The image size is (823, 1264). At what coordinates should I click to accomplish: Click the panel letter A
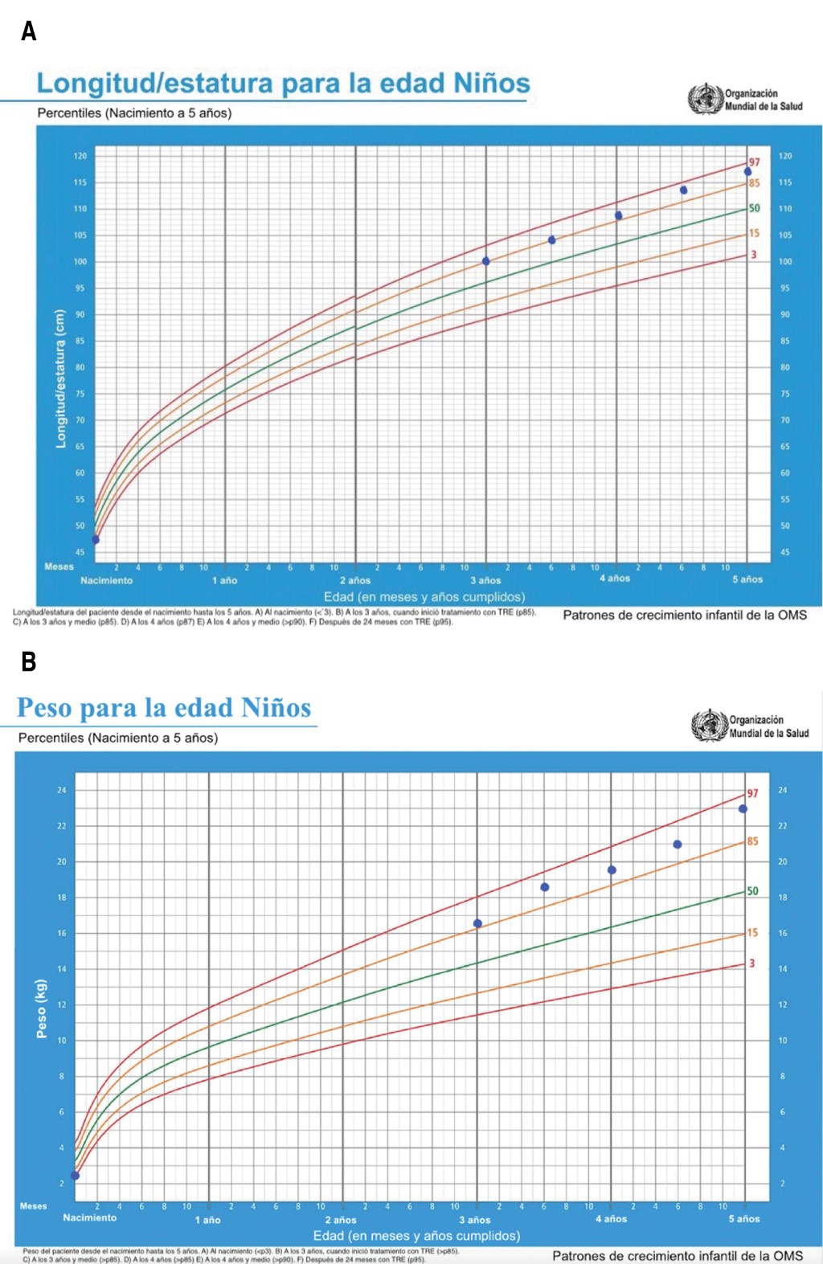tap(29, 31)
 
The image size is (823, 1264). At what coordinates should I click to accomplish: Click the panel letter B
tap(29, 661)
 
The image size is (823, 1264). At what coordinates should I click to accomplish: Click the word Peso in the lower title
tap(49, 707)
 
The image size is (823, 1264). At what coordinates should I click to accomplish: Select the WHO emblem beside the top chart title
tap(705, 99)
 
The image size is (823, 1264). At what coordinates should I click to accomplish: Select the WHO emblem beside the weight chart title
tap(709, 725)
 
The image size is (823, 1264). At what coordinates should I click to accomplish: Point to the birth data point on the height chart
tap(96, 540)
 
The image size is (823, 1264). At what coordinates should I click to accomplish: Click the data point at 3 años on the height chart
tap(486, 261)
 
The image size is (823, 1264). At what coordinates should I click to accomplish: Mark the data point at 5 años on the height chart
tap(747, 172)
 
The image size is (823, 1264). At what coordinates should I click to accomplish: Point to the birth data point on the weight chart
tap(76, 1176)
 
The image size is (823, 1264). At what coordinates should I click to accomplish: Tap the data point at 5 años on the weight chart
tap(743, 809)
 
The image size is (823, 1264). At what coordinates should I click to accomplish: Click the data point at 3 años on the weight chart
tap(477, 924)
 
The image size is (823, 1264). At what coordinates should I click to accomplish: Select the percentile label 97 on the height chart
tap(754, 162)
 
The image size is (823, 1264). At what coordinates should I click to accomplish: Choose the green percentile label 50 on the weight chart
tap(752, 891)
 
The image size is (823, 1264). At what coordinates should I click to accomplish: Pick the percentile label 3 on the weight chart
tap(752, 963)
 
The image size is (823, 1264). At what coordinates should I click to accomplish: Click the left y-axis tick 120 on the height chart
tap(80, 156)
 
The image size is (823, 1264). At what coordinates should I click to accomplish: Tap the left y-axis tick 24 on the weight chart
tap(62, 791)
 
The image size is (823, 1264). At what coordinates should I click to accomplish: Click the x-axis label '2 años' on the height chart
tap(355, 580)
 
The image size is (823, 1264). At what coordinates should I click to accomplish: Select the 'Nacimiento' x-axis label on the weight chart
tap(90, 1218)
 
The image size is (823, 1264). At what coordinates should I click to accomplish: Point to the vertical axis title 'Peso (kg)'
tap(42, 1008)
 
